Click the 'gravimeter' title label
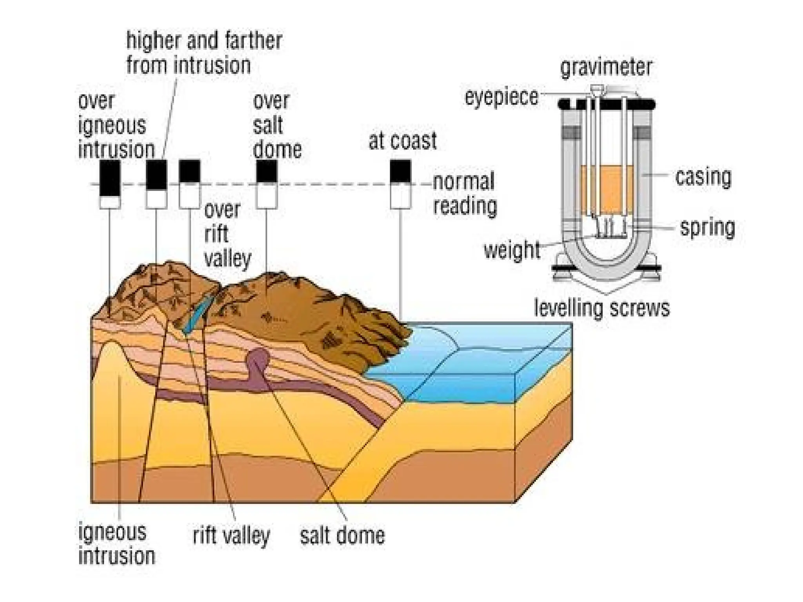(606, 67)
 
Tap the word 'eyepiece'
(501, 97)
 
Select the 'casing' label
(703, 177)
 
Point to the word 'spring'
(707, 227)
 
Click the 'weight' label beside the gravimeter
(512, 250)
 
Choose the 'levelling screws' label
(601, 308)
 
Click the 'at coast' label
(402, 141)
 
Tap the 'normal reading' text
(465, 194)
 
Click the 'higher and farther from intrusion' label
(204, 53)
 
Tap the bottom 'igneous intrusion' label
(116, 544)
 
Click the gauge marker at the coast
(400, 184)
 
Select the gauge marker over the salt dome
(267, 184)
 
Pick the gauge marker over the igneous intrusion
(110, 184)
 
